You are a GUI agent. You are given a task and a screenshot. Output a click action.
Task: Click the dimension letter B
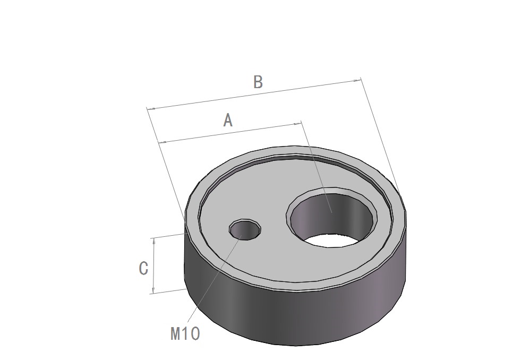pyautogui.click(x=258, y=82)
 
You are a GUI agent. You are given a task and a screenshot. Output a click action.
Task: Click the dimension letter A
pyautogui.click(x=228, y=120)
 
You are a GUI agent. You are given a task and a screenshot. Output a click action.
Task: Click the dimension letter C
pyautogui.click(x=144, y=268)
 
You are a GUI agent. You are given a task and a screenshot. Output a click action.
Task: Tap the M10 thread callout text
pyautogui.click(x=185, y=333)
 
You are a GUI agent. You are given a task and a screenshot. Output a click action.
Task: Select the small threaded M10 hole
pyautogui.click(x=245, y=229)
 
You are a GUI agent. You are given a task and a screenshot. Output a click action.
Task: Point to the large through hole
pyautogui.click(x=331, y=218)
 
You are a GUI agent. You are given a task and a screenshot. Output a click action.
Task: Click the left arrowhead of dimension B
pyautogui.click(x=151, y=109)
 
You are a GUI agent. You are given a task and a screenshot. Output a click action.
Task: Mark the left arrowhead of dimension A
pyautogui.click(x=163, y=142)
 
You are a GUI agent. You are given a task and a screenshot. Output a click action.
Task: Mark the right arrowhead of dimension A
pyautogui.click(x=297, y=124)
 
